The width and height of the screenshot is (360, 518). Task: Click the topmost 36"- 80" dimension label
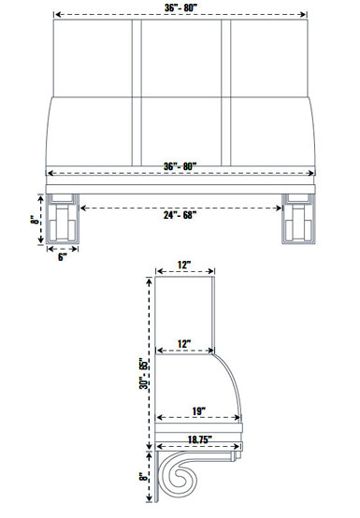[x=180, y=8]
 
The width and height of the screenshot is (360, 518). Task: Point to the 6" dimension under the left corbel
[x=63, y=255]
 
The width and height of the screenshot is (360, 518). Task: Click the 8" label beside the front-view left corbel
[x=33, y=222]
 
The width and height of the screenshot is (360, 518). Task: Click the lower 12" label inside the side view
[x=185, y=343]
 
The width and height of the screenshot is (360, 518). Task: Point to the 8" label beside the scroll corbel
[x=142, y=477]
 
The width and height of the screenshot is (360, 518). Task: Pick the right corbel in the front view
[x=298, y=223]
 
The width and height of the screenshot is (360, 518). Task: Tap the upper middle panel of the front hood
[x=180, y=56]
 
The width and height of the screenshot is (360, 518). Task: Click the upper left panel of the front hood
[x=92, y=56]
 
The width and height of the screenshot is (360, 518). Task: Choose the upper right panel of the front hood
[x=269, y=56]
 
